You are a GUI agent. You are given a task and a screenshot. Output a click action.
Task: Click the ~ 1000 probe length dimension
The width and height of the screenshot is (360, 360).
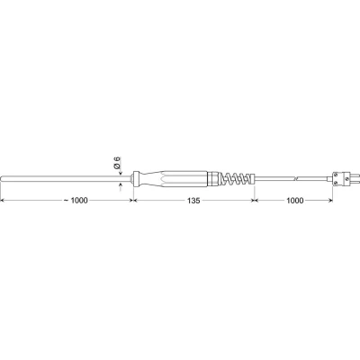tap(76, 201)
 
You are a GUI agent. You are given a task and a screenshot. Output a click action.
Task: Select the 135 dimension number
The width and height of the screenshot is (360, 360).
tap(193, 201)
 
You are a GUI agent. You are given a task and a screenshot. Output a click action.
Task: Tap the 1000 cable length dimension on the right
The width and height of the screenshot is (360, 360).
tap(295, 201)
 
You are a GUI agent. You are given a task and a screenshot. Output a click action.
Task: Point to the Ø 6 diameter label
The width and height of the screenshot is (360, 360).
tap(117, 163)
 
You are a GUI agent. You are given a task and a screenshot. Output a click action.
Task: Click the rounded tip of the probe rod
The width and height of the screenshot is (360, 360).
tap(2, 179)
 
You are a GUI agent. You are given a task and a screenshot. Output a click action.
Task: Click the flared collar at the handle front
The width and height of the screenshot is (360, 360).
tap(136, 179)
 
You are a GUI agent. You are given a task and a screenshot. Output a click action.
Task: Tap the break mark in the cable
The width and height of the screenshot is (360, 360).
tap(296, 179)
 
